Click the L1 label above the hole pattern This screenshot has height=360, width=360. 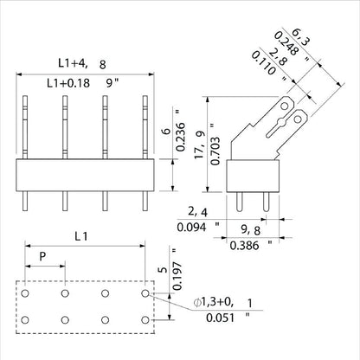[80, 235]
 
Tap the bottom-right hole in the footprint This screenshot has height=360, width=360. [145, 320]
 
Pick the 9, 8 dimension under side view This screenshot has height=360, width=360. [250, 229]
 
